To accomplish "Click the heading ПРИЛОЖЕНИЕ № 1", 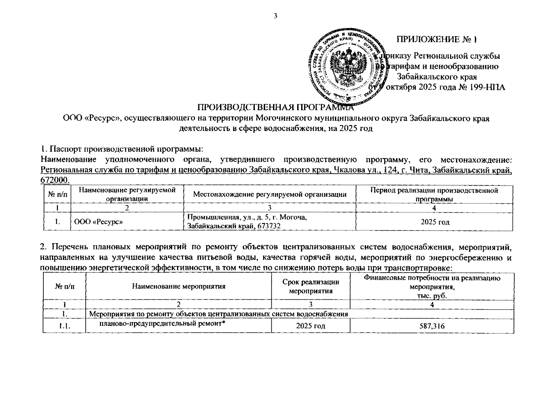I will coord(437,40).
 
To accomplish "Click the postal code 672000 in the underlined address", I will coord(55,180).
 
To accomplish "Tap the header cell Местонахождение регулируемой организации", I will coord(270,195).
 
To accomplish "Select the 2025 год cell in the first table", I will coord(435,222).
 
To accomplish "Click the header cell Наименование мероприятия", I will coord(179,287).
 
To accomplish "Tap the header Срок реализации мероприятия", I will coord(310,287).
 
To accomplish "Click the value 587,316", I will coord(432,326).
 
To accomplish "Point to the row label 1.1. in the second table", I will coord(64,326).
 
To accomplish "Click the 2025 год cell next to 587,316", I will coord(310,326).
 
